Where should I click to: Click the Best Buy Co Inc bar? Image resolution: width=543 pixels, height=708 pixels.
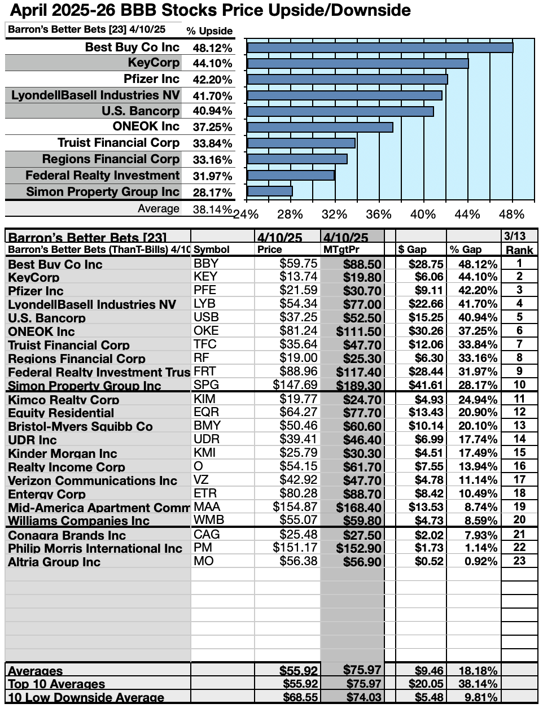coord(380,47)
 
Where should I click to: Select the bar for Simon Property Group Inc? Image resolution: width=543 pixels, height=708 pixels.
coord(270,191)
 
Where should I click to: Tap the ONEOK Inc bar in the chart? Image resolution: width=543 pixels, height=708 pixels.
coord(320,127)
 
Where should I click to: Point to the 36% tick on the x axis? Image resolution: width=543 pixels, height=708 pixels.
coord(378,215)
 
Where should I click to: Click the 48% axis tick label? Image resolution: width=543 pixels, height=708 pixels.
coord(512,215)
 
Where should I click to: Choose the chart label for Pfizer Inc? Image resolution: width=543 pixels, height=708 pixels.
coord(151,79)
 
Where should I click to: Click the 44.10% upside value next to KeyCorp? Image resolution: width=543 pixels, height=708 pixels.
coord(212,64)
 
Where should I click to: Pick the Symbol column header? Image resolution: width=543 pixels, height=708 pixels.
coord(212,250)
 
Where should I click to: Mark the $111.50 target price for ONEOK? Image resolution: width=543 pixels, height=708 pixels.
coord(359,331)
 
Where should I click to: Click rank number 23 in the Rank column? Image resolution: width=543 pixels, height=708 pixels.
coord(519,561)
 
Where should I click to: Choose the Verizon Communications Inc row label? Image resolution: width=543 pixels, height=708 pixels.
coord(93,481)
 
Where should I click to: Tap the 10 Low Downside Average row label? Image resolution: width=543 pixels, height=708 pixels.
coord(86,698)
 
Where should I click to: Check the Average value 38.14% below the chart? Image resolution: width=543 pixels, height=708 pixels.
coord(212,209)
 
